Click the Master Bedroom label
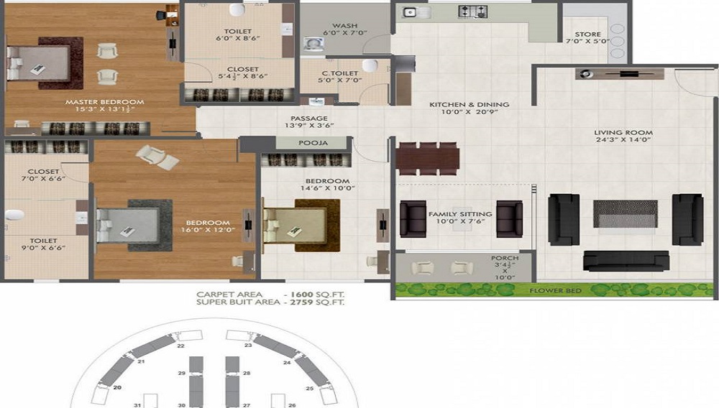[x=104, y=102]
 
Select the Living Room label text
[x=623, y=133]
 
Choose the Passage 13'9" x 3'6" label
[x=309, y=119]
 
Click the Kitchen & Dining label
[x=469, y=105]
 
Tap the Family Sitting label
[x=460, y=214]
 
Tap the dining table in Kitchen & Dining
[x=428, y=157]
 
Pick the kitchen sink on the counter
[x=412, y=11]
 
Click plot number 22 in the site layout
[x=180, y=346]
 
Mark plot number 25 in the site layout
[x=310, y=389]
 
